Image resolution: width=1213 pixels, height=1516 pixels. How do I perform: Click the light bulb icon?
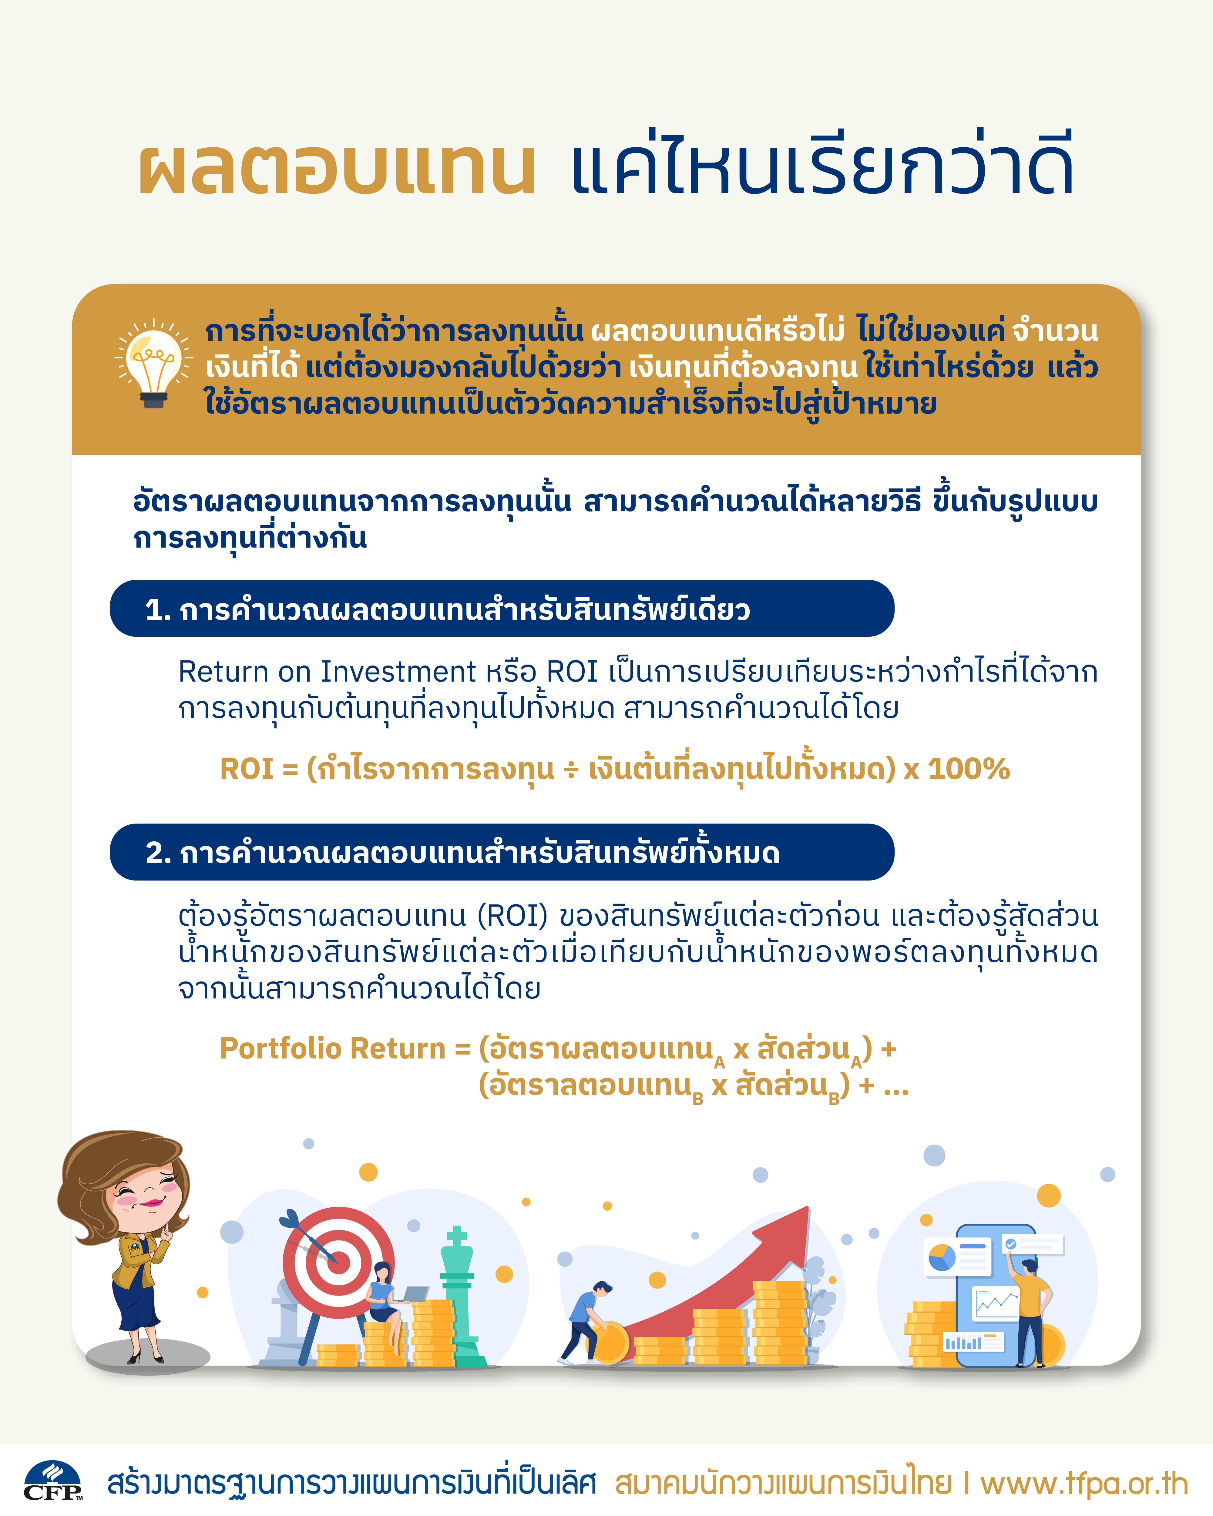click(153, 364)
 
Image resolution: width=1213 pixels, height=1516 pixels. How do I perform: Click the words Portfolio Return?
click(333, 1048)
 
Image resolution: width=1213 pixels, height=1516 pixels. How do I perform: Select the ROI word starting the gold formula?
click(246, 769)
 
